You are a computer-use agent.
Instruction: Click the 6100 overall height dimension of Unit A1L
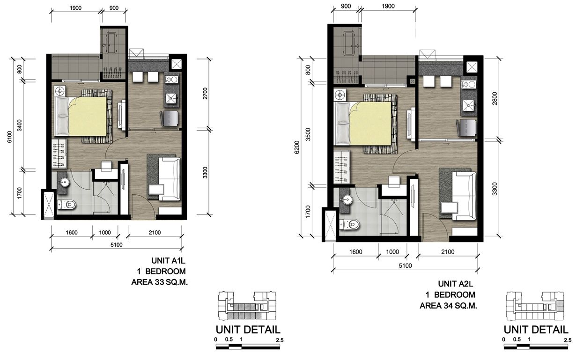point(9,137)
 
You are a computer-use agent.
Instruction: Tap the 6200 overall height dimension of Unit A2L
point(297,147)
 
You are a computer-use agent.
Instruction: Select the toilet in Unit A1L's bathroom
point(66,205)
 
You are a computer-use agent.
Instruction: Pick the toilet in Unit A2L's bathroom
point(349,225)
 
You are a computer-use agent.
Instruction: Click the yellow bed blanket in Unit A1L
point(88,116)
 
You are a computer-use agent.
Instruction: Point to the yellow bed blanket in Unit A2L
point(370,124)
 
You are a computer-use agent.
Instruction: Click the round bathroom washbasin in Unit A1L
point(64,182)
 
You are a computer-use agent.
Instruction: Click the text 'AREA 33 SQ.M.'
point(159,282)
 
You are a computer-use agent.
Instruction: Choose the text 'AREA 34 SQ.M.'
point(448,306)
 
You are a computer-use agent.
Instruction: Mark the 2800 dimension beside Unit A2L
point(495,98)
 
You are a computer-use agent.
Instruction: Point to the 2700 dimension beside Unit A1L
point(205,93)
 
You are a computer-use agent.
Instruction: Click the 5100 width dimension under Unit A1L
point(117,245)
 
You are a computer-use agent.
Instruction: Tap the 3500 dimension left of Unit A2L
point(308,134)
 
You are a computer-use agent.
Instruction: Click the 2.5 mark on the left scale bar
point(280,340)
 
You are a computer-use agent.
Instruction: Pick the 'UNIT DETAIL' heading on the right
point(536,330)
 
